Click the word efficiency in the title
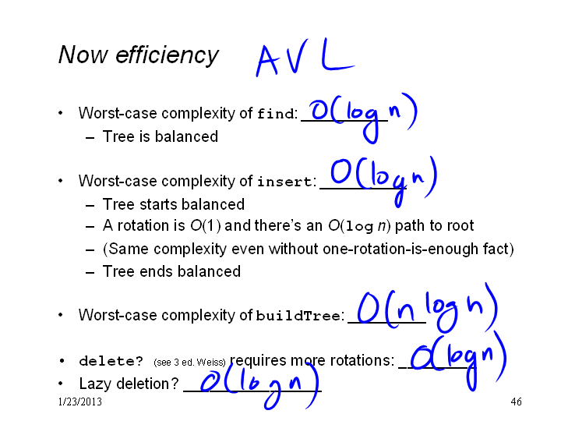coord(167,55)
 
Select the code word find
coord(276,114)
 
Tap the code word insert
coord(284,181)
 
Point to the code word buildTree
coord(298,316)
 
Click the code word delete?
coord(111,360)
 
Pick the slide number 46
coord(516,402)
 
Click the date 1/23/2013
coord(79,402)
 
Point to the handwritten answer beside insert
coord(383,181)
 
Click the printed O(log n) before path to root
coord(359,226)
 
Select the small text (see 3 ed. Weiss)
coord(189,363)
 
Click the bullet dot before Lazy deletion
coord(61,384)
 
